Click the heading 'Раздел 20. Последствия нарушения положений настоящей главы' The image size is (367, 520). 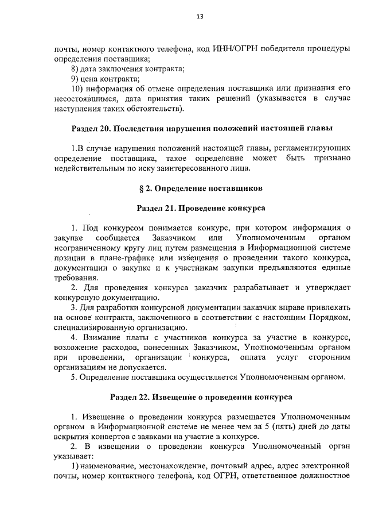click(x=202, y=127)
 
